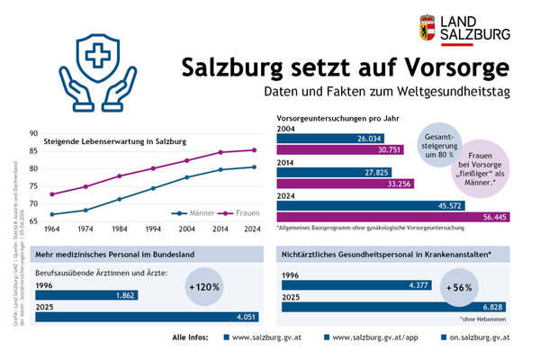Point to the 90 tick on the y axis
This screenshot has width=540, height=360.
pyautogui.click(x=32, y=133)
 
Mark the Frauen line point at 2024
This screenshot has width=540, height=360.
pyautogui.click(x=255, y=150)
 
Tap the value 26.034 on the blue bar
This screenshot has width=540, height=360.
pyautogui.click(x=370, y=139)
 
